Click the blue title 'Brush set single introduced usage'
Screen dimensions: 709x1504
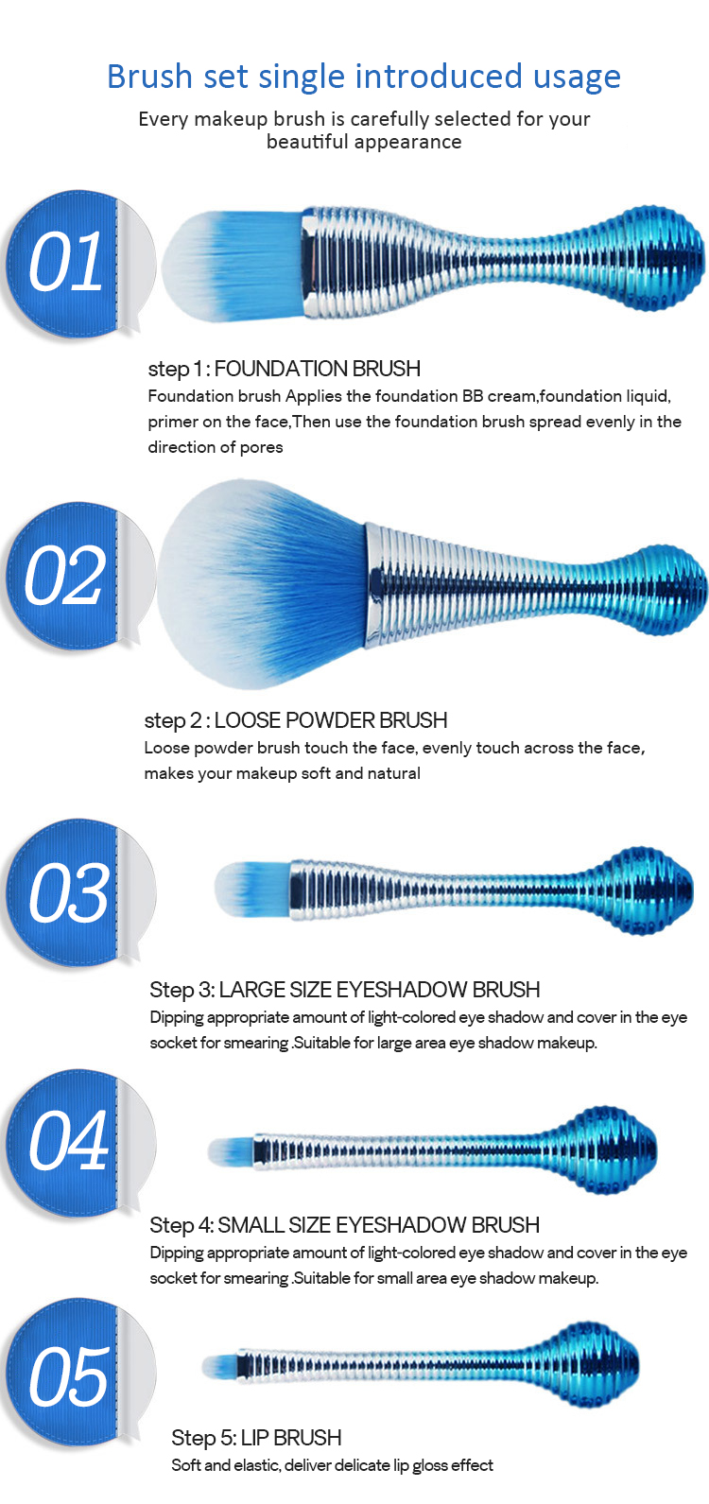364,78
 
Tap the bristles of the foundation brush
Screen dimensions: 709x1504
232,265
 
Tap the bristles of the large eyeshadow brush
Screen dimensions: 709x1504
252,890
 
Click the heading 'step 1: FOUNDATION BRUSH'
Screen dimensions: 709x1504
284,369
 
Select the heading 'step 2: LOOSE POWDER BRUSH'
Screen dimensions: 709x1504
295,720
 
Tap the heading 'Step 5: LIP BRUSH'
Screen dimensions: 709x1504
256,1438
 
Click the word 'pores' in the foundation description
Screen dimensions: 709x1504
261,448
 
